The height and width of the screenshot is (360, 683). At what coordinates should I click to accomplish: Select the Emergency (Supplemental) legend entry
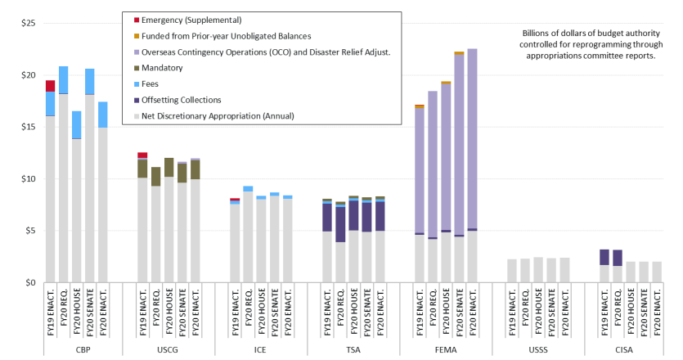pos(188,19)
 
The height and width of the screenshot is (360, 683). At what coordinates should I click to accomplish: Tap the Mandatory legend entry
pos(164,67)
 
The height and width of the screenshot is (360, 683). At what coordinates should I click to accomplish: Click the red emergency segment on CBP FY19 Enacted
pos(50,86)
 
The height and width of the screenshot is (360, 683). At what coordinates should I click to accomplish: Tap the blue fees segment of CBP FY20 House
pos(76,125)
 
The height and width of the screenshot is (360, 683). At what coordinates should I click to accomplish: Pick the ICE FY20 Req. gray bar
pos(248,237)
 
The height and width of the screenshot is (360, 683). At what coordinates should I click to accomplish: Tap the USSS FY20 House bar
pos(539,270)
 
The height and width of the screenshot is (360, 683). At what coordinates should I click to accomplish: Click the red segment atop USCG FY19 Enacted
pos(142,155)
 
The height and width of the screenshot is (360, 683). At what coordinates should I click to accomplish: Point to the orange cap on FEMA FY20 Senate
pos(459,53)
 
